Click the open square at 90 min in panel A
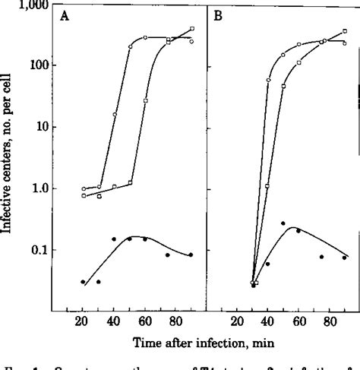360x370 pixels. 192,29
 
